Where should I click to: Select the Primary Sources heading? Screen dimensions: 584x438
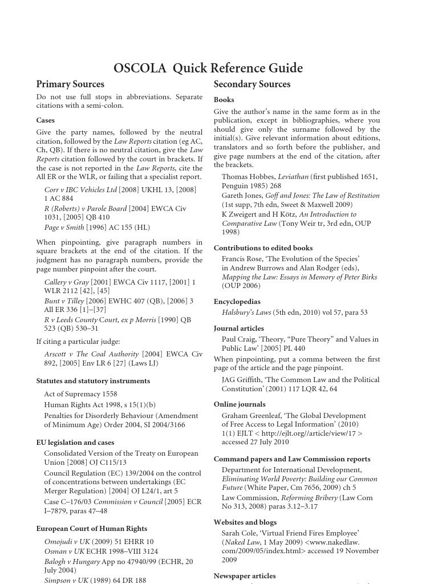[70, 84]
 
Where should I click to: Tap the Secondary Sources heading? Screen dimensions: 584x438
[252, 84]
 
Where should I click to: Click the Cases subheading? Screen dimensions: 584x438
[46, 120]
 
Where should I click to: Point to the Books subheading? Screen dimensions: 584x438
[224, 100]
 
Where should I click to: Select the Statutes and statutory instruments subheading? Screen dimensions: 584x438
[93, 381]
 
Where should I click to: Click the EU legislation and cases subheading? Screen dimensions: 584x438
[75, 443]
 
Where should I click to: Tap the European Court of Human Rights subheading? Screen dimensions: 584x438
[91, 529]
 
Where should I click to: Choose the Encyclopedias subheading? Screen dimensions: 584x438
[237, 302]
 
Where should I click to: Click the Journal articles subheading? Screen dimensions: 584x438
[238, 328]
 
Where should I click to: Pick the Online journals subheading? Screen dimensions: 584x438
[240, 404]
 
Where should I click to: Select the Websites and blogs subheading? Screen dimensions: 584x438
[245, 522]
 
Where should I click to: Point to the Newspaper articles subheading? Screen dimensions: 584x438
[245, 576]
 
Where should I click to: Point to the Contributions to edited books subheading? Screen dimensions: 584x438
[263, 248]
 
